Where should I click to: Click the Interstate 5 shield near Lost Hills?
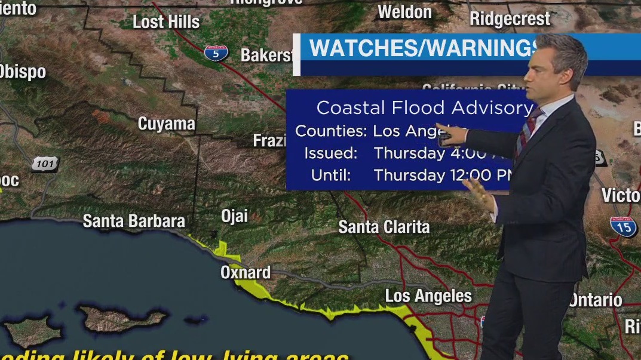(216, 53)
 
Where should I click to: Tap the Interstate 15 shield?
(623, 227)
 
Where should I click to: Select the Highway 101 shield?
(45, 162)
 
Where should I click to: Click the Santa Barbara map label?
(134, 221)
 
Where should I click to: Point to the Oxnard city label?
(246, 273)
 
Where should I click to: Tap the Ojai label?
(234, 216)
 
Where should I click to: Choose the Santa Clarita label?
(384, 227)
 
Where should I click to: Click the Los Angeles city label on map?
(428, 296)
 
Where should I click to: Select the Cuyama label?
(167, 124)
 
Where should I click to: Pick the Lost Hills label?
(166, 22)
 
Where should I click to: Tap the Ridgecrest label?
(510, 19)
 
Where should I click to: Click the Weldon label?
(405, 11)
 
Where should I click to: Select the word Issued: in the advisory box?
(331, 153)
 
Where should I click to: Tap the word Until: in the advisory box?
(331, 176)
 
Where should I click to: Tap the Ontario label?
(596, 300)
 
